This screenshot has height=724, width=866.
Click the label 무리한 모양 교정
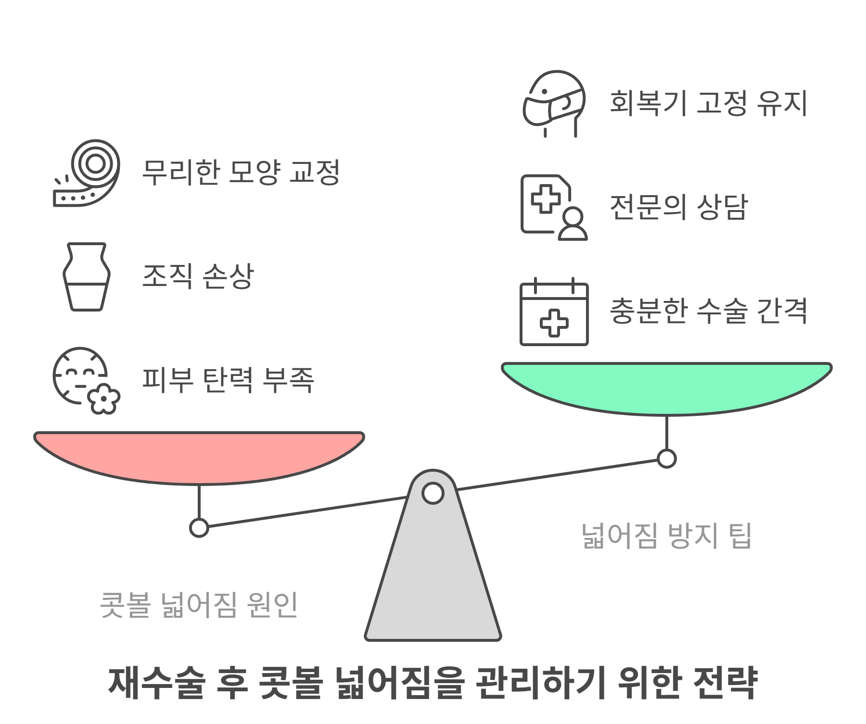[x=241, y=172]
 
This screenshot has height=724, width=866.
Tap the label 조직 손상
[x=198, y=276]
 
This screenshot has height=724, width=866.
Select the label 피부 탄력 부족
[x=228, y=380]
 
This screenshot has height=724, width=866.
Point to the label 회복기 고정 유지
[x=708, y=103]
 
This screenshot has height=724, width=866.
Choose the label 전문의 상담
[x=679, y=207]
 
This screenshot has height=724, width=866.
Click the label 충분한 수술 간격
[x=708, y=311]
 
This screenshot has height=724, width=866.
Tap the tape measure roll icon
[x=87, y=173]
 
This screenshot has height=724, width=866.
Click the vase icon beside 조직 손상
[x=87, y=277]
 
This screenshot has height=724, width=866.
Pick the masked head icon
[x=554, y=104]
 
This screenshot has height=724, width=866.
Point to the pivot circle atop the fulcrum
[x=433, y=493]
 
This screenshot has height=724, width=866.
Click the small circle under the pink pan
[x=199, y=527]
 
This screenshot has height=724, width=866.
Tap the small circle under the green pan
[x=667, y=458]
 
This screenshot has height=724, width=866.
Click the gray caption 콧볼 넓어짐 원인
[x=199, y=605]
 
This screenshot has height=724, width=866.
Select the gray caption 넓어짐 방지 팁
[x=666, y=536]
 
